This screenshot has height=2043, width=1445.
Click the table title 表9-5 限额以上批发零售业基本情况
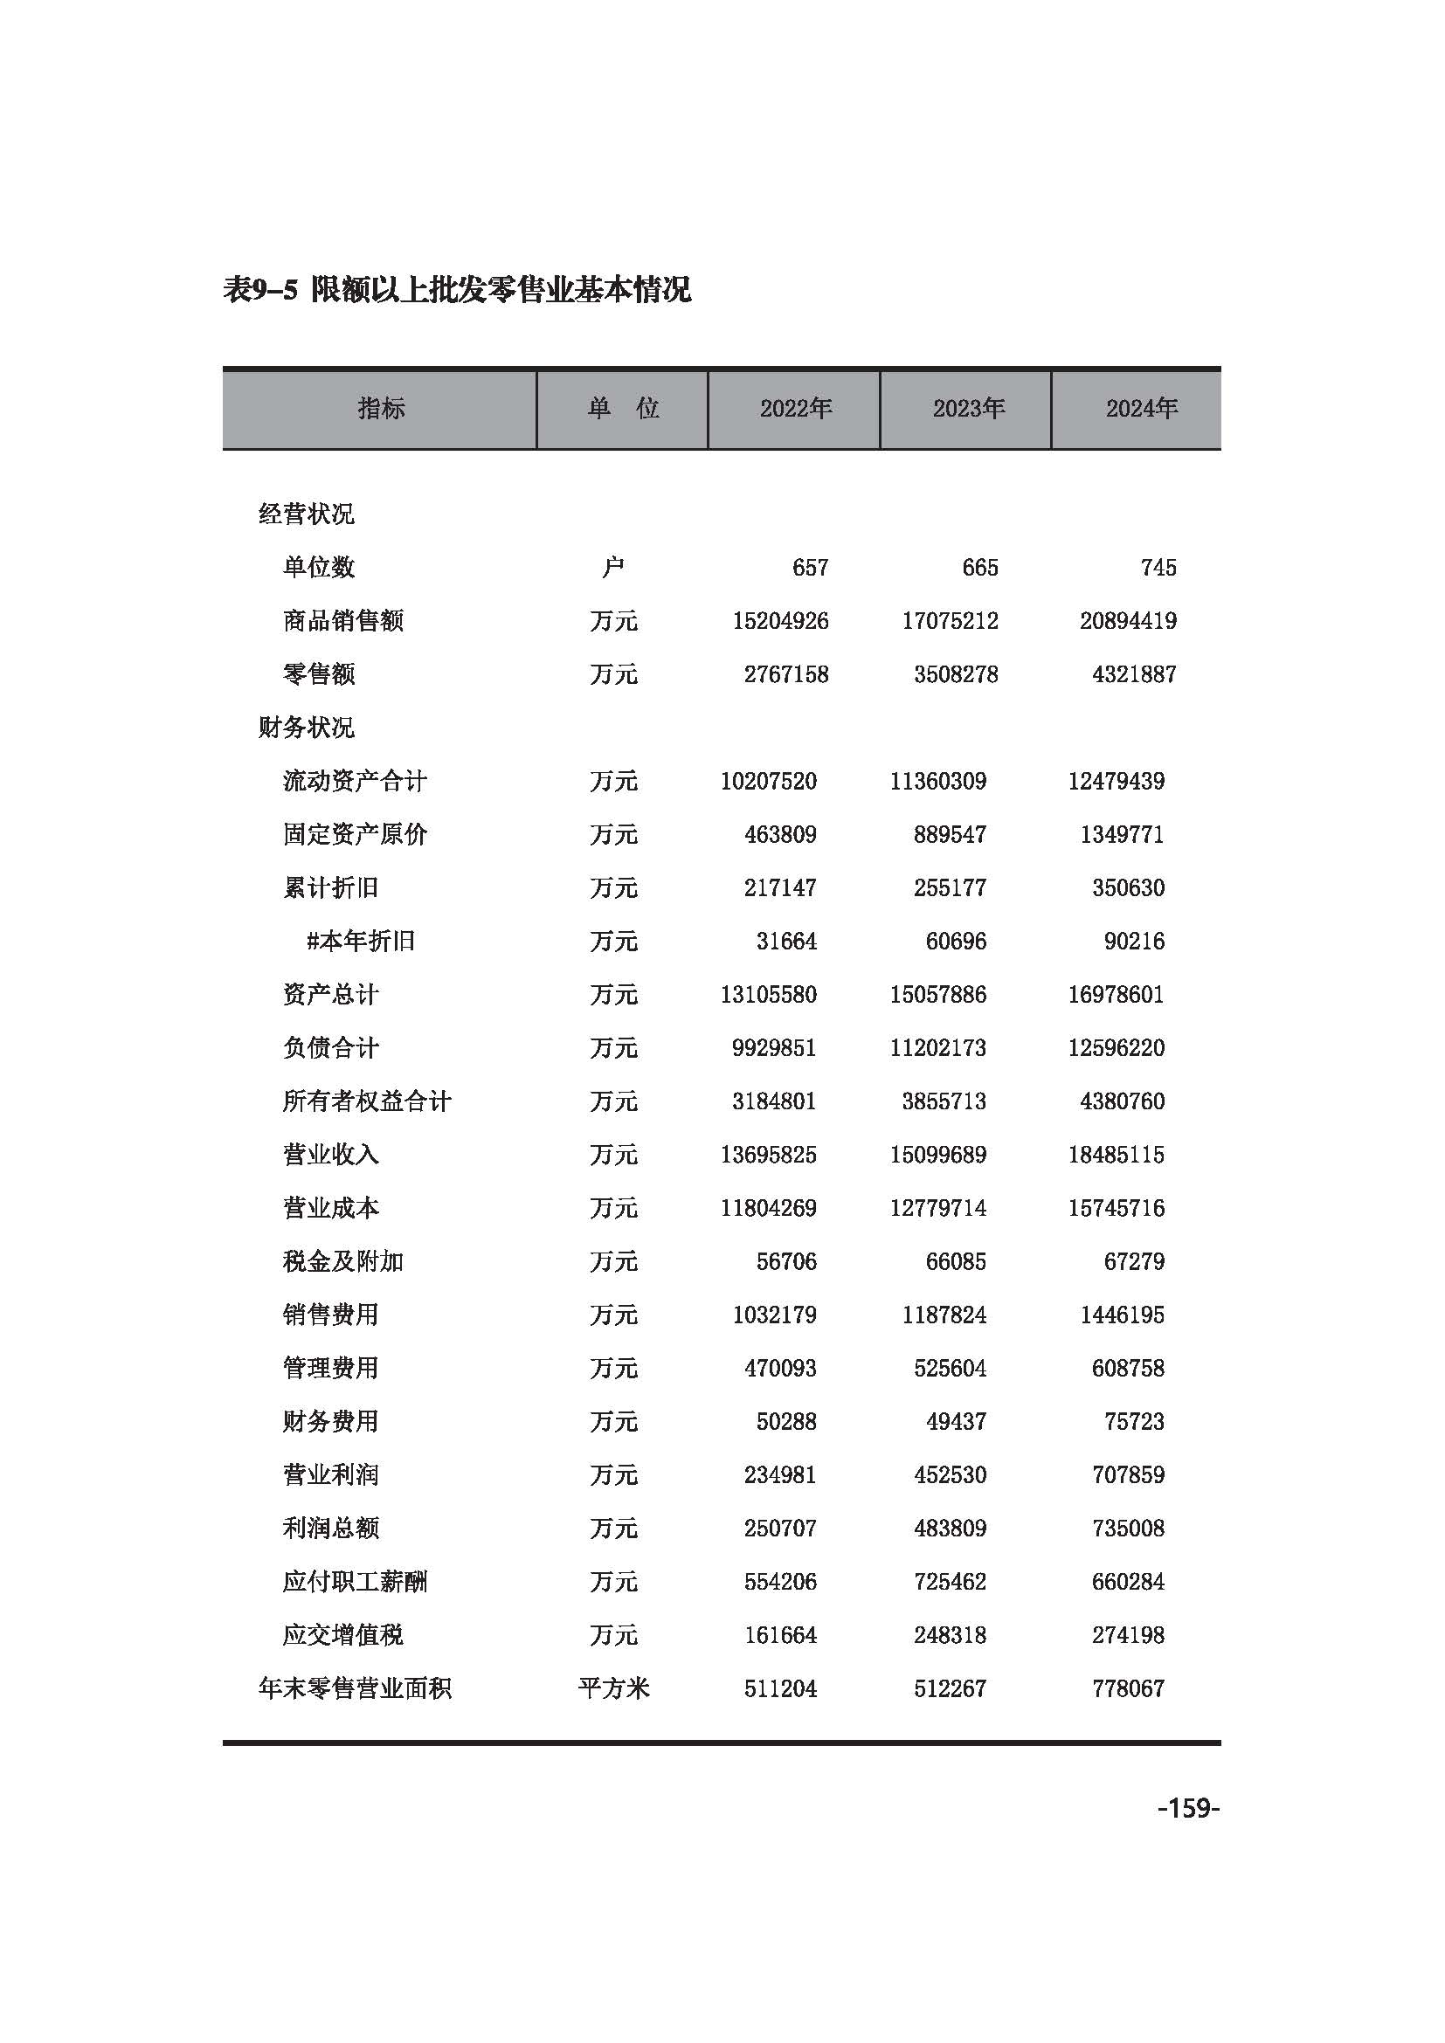click(456, 290)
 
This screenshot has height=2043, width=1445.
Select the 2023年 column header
click(968, 409)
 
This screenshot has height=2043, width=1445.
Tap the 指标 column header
click(381, 409)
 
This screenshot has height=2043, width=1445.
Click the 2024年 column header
click(1141, 409)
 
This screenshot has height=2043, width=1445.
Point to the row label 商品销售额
click(342, 621)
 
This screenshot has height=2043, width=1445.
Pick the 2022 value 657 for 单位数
click(810, 568)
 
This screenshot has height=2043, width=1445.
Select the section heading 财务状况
click(306, 728)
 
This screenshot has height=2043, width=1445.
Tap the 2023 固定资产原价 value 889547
click(950, 835)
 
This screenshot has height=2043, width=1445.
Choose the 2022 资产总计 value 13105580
click(768, 995)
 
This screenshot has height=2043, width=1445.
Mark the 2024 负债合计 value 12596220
click(1116, 1048)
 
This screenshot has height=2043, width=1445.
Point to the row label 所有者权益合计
click(367, 1101)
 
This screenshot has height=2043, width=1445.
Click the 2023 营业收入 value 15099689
click(937, 1155)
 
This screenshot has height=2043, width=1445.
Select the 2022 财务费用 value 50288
click(785, 1422)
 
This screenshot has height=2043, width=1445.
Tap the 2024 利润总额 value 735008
click(1127, 1529)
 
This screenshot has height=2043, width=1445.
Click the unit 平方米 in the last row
click(614, 1689)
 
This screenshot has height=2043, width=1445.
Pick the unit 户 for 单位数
click(613, 568)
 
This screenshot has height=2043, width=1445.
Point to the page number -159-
click(1188, 1809)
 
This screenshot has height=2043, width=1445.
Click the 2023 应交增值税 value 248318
click(950, 1635)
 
